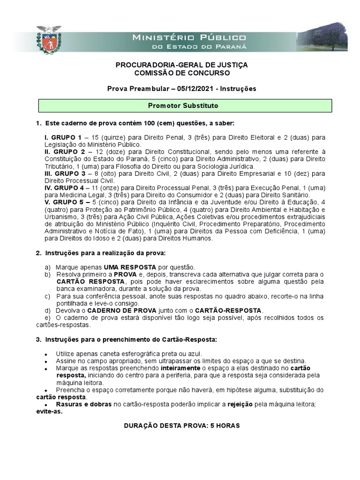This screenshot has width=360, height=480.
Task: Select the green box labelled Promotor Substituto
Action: (x=183, y=106)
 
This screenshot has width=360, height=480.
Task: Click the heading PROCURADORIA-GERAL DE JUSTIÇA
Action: (x=182, y=65)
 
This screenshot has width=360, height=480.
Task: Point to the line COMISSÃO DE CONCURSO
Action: (x=182, y=73)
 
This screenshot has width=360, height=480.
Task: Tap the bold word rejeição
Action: (x=240, y=405)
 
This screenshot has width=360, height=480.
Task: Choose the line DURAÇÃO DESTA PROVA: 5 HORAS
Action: (x=182, y=426)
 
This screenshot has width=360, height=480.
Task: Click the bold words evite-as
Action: (x=49, y=412)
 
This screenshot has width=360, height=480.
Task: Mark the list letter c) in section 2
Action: (x=47, y=297)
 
